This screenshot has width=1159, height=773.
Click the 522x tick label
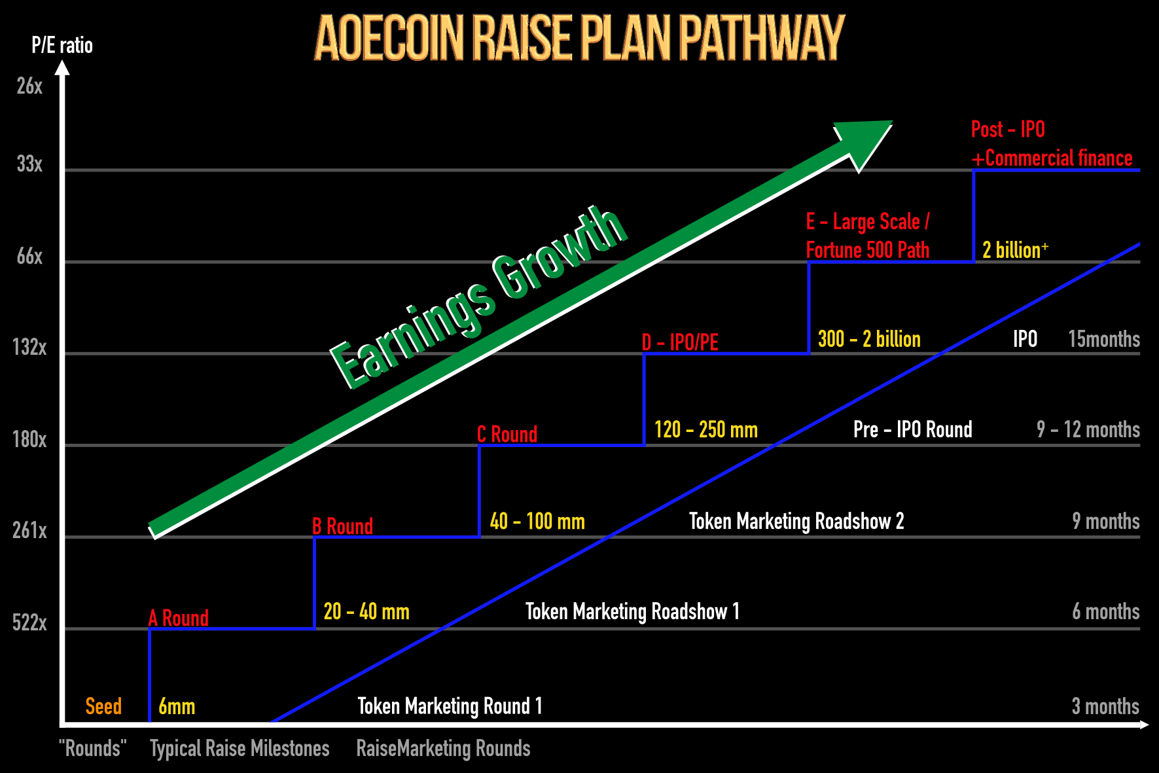coord(29,622)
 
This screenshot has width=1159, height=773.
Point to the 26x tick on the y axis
coord(29,86)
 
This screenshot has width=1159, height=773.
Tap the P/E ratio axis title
coord(62,45)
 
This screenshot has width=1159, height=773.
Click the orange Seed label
coord(103,706)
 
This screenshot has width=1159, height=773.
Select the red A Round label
coord(178,618)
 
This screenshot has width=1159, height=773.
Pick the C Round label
coord(507,434)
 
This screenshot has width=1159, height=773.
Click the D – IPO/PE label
coord(680,342)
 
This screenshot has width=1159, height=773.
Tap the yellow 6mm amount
coord(177,706)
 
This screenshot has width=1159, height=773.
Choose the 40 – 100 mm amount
coord(537,521)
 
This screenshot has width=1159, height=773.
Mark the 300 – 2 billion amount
coord(869,339)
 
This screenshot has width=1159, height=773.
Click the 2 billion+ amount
coord(1015,249)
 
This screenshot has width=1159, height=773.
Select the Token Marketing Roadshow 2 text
coord(796,521)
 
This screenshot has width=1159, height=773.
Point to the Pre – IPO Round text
coord(913,429)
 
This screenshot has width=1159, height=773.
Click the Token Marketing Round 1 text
coord(450,706)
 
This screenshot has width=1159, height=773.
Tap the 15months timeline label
coord(1104,339)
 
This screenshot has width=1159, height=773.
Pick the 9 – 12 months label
coord(1088,429)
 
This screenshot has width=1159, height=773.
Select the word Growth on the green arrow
coord(560,252)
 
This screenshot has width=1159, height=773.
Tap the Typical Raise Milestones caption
coord(240,748)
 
